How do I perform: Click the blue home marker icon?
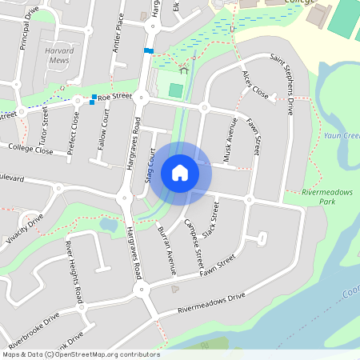[180, 173]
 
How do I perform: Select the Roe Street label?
[116, 97]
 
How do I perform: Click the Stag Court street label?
[151, 166]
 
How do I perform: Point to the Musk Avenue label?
[230, 141]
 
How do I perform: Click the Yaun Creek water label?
[342, 136]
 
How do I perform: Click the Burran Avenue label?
[167, 250]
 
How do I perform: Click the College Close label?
[31, 150]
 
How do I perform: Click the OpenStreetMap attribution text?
[80, 354]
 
